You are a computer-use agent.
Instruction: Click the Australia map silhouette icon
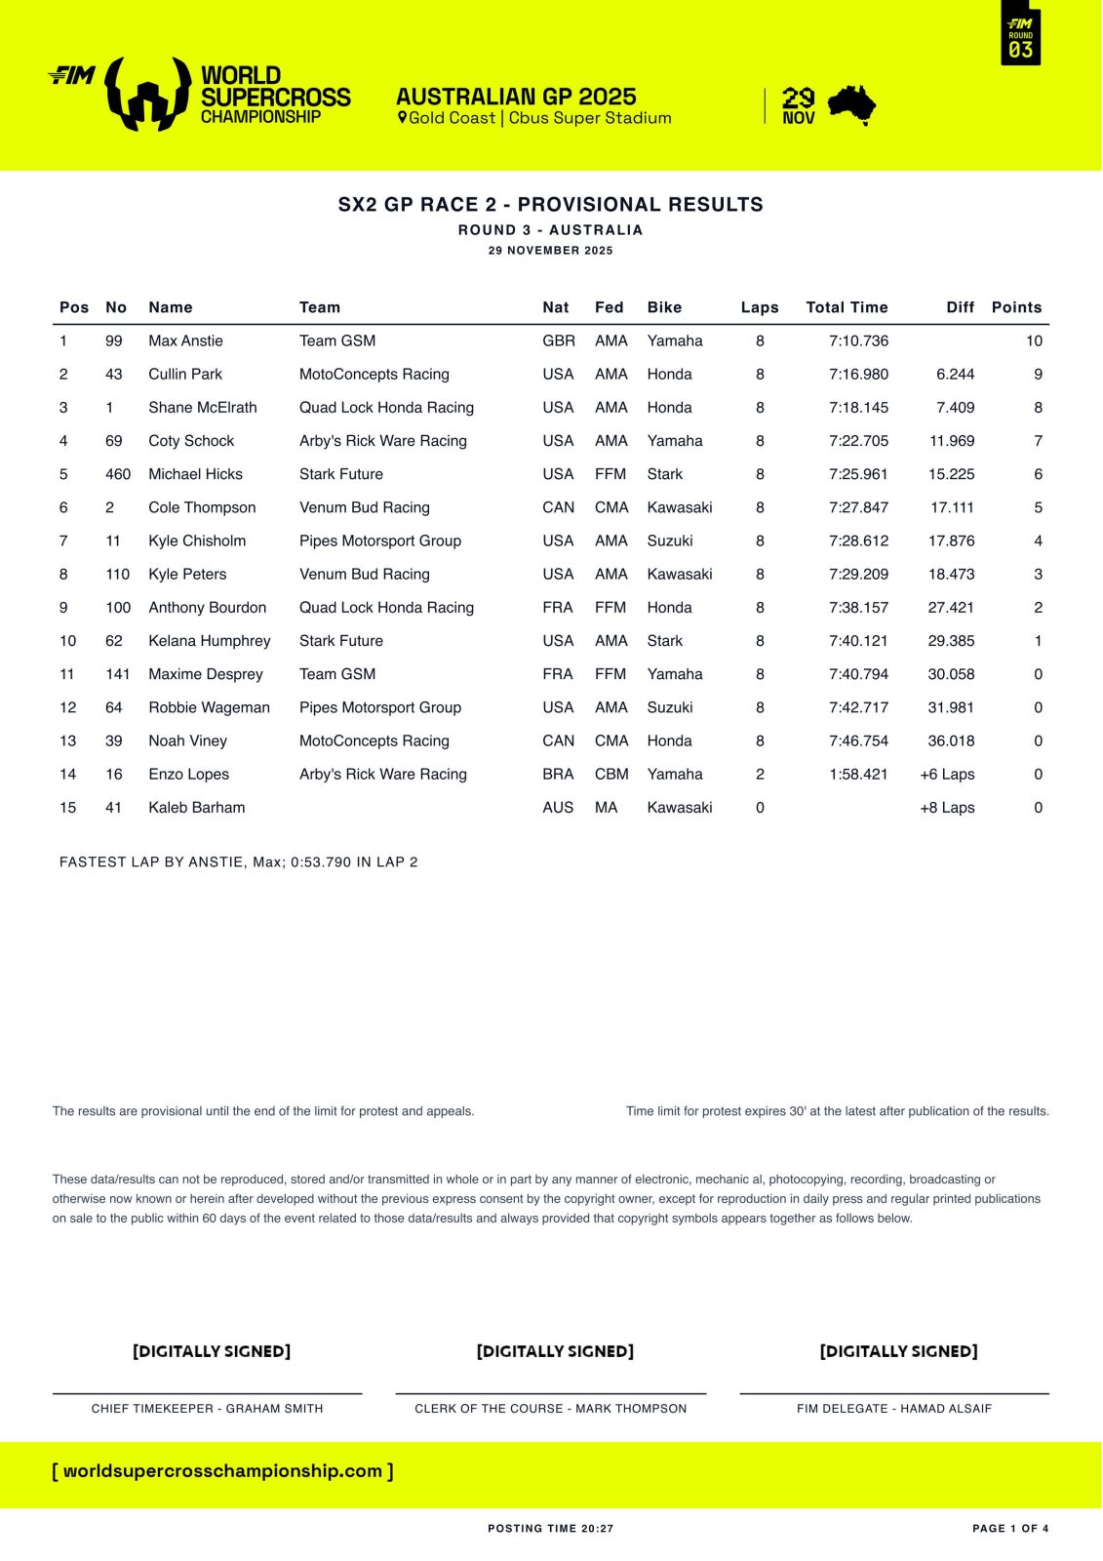tap(851, 105)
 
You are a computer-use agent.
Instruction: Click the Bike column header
tap(664, 307)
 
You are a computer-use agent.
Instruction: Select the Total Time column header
tap(847, 307)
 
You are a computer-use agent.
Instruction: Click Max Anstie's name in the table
tap(185, 340)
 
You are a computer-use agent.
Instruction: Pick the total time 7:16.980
tap(858, 374)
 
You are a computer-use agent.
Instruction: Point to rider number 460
tap(118, 474)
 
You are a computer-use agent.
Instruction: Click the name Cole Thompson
tap(202, 507)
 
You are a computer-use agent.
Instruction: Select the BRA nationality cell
tap(558, 774)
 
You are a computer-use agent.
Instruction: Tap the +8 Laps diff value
tap(947, 807)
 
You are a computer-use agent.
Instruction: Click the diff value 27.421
tap(951, 607)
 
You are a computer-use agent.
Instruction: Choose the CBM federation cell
tap(611, 774)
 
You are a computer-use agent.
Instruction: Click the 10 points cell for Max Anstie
tap(1034, 340)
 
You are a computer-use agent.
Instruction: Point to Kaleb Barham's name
tap(196, 807)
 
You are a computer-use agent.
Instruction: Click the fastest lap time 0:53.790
tap(321, 861)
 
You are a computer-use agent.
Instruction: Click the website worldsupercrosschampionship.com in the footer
tap(222, 1470)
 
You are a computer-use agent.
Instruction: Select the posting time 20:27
tap(597, 1529)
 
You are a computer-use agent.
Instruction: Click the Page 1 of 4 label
tap(1010, 1529)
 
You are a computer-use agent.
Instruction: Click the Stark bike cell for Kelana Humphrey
tap(664, 640)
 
